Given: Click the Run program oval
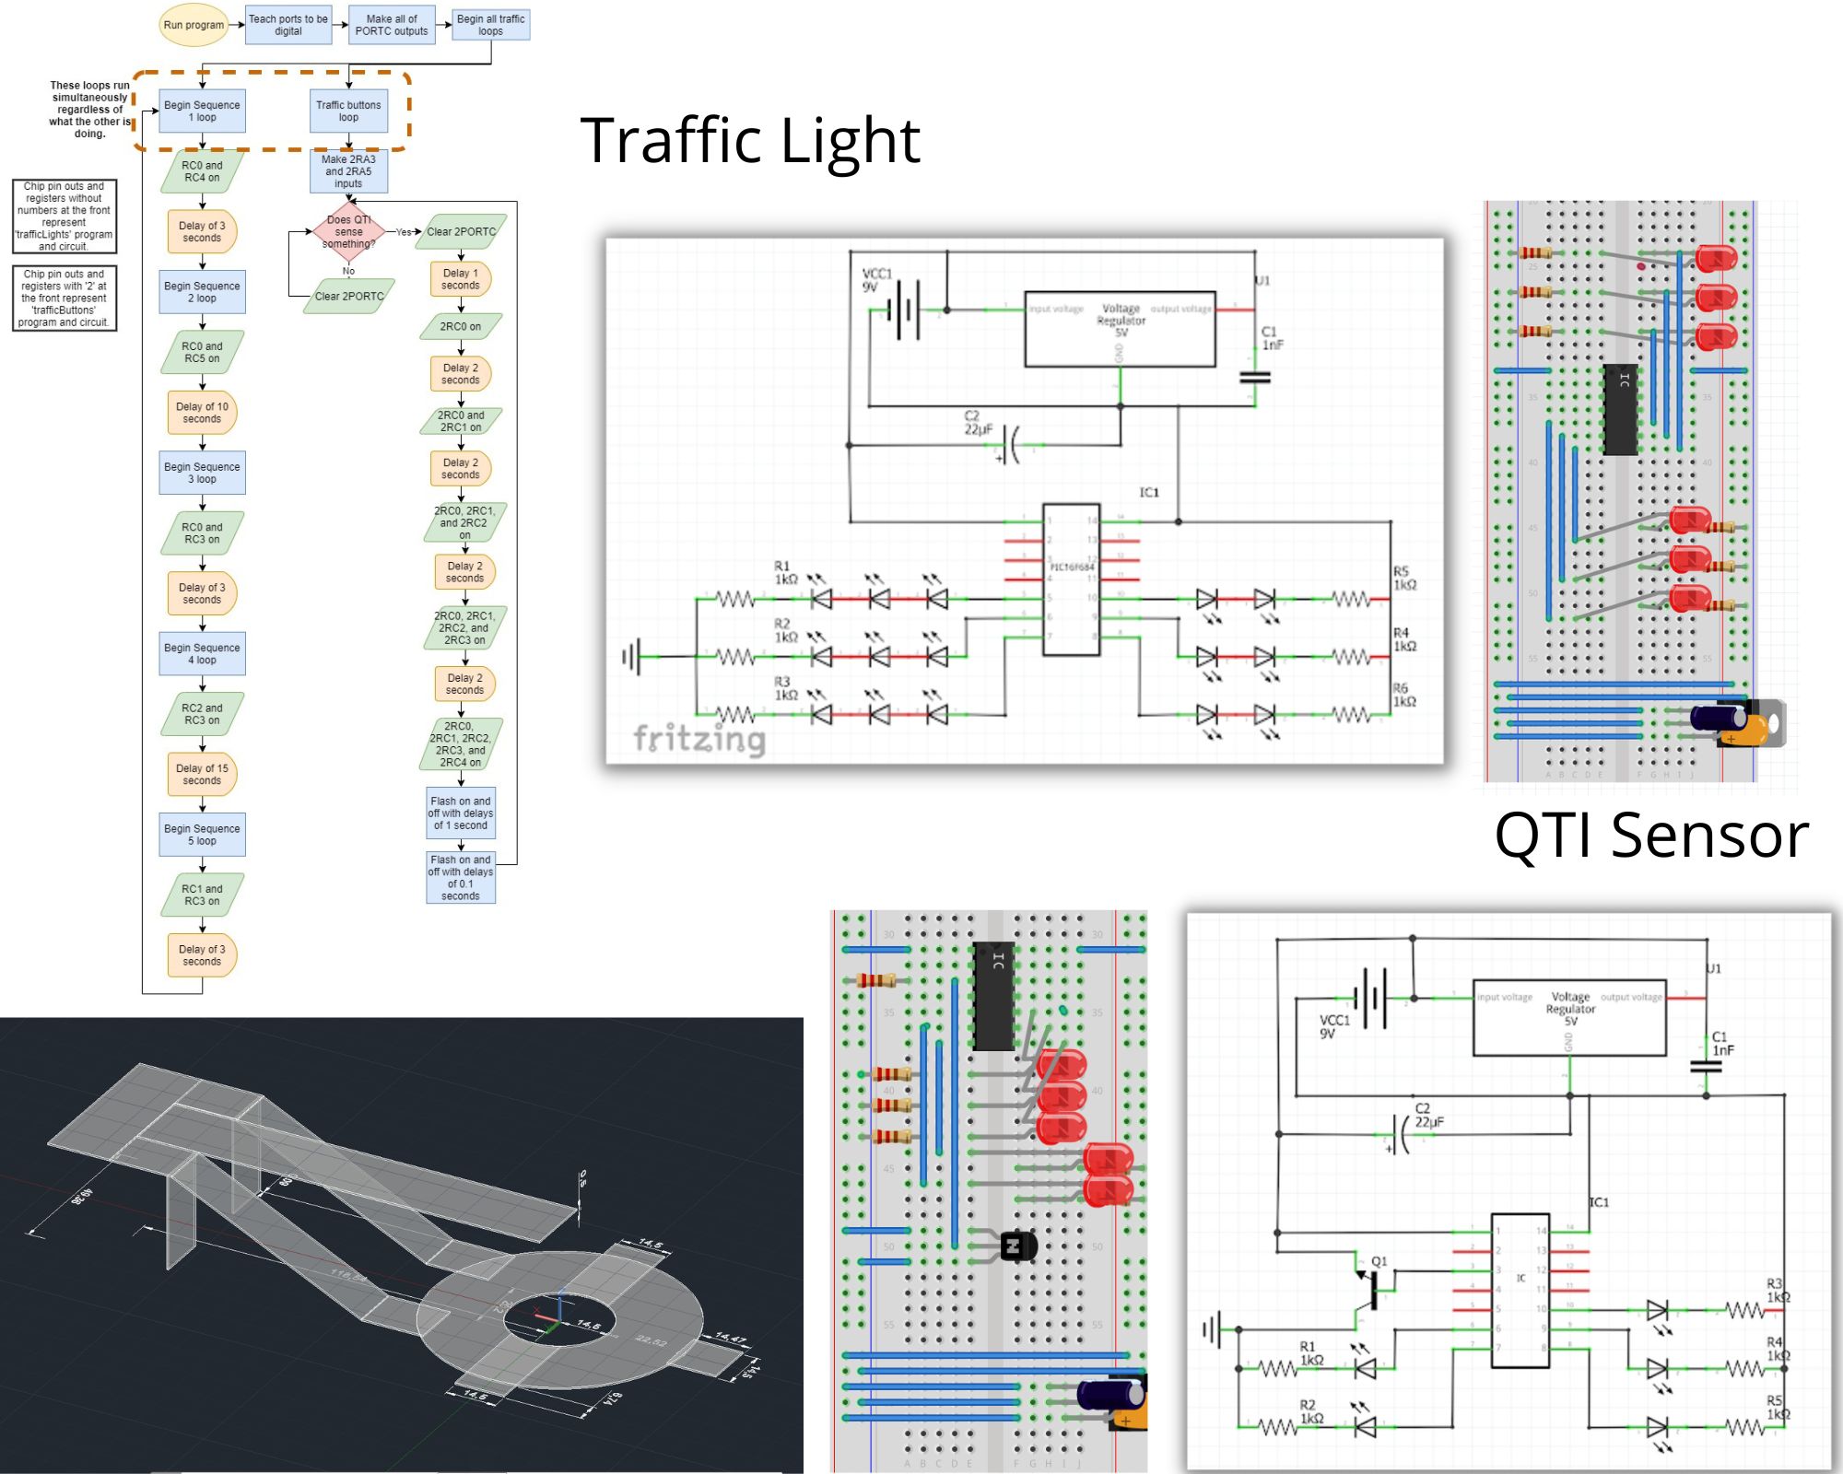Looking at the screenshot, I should (194, 25).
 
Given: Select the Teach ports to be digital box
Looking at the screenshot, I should (288, 25).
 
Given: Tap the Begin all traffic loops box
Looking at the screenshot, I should (490, 25).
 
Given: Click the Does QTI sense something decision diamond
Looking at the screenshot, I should (348, 232).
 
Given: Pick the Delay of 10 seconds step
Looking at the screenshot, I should (202, 413).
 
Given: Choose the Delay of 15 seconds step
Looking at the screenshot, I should (202, 775).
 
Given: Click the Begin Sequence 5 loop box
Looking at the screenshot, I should (202, 835).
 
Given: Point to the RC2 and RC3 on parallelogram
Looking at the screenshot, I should (202, 714).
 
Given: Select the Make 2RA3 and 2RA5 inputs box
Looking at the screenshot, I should (348, 171).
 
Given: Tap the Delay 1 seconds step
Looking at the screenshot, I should (460, 279).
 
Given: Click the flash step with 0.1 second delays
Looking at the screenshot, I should (460, 877).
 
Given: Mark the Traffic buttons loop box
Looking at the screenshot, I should (348, 111).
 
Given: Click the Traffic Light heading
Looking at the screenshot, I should (750, 141).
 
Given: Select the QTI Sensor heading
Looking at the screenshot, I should (1651, 836).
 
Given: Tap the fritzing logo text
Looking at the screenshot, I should (699, 739).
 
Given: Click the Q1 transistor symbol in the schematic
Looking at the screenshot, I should (1370, 1288).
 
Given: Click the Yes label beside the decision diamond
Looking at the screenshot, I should (404, 232).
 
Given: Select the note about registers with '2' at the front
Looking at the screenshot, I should (65, 298).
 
